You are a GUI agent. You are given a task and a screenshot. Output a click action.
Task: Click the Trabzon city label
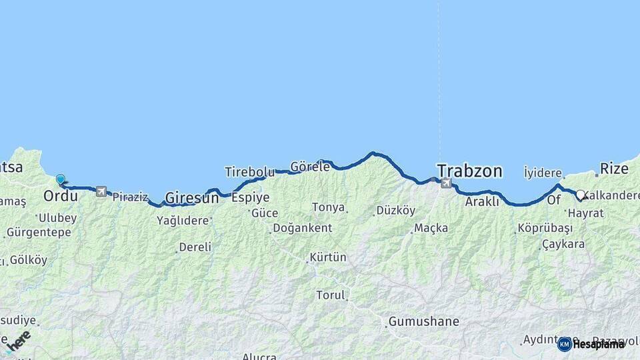click(x=469, y=171)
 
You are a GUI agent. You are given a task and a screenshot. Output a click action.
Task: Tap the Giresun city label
click(x=191, y=197)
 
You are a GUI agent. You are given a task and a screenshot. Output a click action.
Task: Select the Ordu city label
click(x=60, y=196)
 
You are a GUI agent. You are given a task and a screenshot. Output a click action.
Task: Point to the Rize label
click(x=614, y=169)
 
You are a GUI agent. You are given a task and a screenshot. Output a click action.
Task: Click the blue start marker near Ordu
click(x=61, y=179)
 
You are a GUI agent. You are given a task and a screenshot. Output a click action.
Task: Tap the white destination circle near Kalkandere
click(x=580, y=195)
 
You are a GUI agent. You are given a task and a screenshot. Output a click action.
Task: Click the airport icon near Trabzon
click(x=446, y=183)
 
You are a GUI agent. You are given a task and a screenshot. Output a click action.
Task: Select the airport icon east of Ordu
click(x=101, y=191)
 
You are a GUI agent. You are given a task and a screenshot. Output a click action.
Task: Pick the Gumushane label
click(x=424, y=321)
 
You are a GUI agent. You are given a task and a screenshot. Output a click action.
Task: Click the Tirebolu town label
click(x=249, y=171)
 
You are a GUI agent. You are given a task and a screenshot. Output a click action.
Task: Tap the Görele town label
click(x=311, y=167)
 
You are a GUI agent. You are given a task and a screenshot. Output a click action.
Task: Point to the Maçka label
click(x=431, y=228)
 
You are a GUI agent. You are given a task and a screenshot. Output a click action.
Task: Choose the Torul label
click(x=331, y=295)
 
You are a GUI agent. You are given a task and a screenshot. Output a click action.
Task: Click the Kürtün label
click(x=328, y=257)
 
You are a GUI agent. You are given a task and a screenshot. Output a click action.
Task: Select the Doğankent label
click(x=303, y=228)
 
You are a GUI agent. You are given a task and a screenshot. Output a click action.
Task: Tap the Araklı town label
click(x=482, y=201)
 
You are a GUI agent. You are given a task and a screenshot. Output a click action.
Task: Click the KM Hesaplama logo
click(x=591, y=344)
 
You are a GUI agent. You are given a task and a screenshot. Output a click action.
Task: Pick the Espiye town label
click(x=250, y=197)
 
